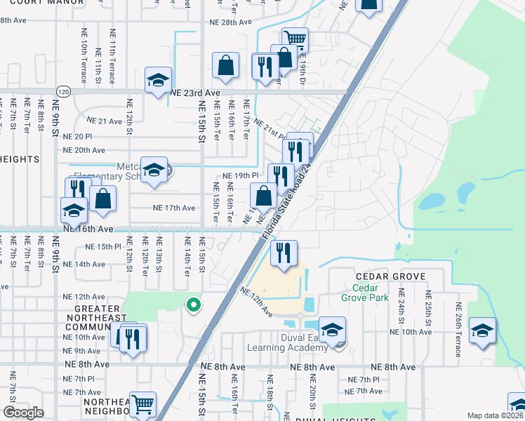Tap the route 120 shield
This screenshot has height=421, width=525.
click(x=64, y=92)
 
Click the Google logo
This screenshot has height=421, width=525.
click(x=24, y=413)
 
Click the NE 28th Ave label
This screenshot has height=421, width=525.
click(x=230, y=22)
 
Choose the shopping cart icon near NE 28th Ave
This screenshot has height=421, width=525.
click(x=295, y=39)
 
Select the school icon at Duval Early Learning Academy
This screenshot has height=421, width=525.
click(x=332, y=328)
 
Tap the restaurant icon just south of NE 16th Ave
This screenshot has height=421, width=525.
click(x=284, y=252)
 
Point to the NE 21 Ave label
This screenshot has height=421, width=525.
click(x=102, y=121)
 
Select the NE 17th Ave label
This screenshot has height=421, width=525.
click(x=174, y=208)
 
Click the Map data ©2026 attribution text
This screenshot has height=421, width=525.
click(x=495, y=415)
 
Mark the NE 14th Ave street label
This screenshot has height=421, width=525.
click(x=84, y=265)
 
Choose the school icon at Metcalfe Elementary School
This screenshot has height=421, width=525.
click(x=153, y=169)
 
